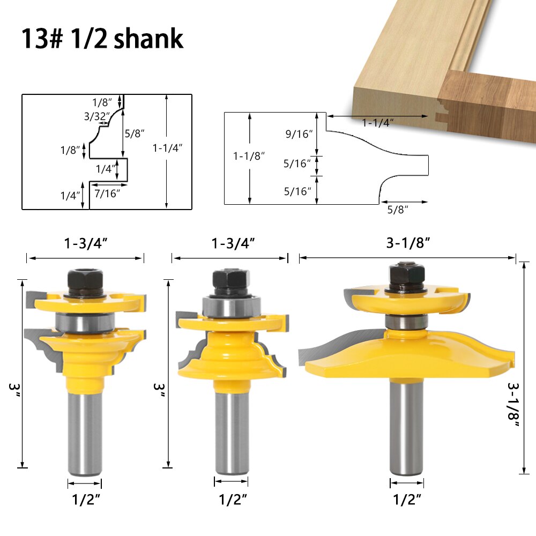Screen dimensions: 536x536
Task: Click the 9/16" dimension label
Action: [x=298, y=134]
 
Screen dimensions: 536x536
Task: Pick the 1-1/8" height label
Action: [x=249, y=156]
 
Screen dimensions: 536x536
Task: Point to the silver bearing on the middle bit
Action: [x=230, y=308]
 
